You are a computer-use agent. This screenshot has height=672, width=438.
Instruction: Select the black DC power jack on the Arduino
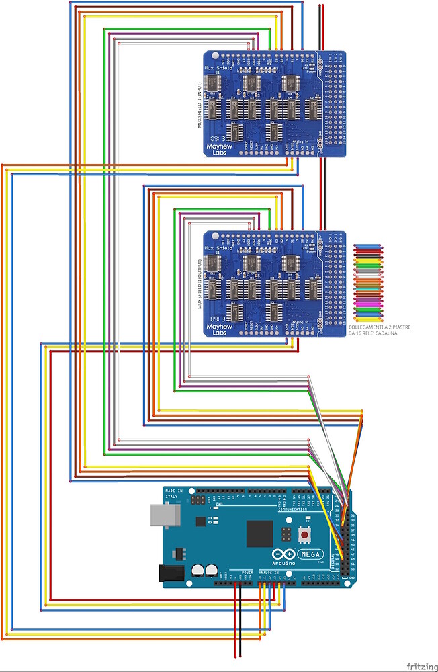coord(169,573)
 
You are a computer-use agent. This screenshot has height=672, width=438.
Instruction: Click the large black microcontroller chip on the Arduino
coord(259,534)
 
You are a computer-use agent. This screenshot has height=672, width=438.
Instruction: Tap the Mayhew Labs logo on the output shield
coord(219,329)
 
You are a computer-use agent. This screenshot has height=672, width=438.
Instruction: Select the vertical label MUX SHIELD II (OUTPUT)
coord(200,283)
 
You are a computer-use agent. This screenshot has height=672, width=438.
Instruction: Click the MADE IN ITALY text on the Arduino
coord(173,493)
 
